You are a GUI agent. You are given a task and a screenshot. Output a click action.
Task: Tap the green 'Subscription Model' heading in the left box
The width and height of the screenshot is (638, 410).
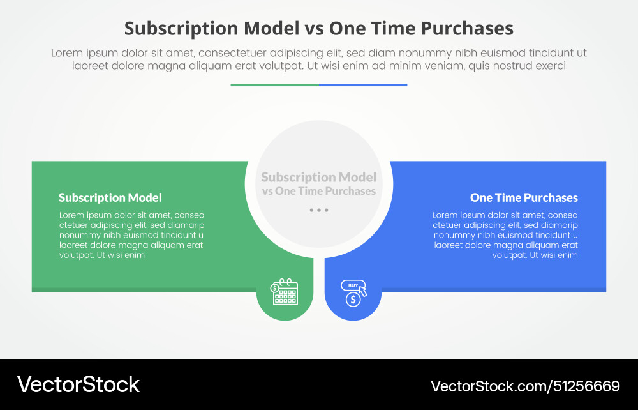pyautogui.click(x=110, y=197)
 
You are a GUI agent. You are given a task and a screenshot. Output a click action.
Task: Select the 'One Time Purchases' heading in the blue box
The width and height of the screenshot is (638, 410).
pyautogui.click(x=524, y=197)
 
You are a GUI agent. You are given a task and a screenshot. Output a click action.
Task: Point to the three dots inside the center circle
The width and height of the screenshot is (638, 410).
pyautogui.click(x=318, y=210)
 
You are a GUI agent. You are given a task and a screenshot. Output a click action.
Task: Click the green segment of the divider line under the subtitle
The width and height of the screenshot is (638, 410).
pyautogui.click(x=274, y=84)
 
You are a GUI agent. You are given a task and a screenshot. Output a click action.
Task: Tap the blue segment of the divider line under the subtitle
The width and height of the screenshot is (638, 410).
pyautogui.click(x=363, y=84)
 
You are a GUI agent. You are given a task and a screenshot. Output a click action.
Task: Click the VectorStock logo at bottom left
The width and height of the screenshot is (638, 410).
pyautogui.click(x=78, y=384)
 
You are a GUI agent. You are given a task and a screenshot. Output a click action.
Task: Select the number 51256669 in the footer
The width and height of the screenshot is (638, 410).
pyautogui.click(x=586, y=386)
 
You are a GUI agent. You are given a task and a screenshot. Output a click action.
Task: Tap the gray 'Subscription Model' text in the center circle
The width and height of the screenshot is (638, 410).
pyautogui.click(x=319, y=177)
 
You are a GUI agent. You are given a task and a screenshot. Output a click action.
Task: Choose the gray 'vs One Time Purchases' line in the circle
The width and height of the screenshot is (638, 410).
pyautogui.click(x=319, y=191)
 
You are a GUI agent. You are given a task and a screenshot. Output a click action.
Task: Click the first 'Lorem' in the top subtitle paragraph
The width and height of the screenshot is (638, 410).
pyautogui.click(x=66, y=53)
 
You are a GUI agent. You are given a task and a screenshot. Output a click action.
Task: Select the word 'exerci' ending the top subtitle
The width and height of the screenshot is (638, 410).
pyautogui.click(x=551, y=65)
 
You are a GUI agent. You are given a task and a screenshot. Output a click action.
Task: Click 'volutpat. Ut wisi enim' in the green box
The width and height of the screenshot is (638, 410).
pyautogui.click(x=102, y=255)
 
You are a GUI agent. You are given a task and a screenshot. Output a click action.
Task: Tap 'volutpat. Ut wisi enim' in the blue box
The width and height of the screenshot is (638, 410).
pyautogui.click(x=535, y=255)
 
